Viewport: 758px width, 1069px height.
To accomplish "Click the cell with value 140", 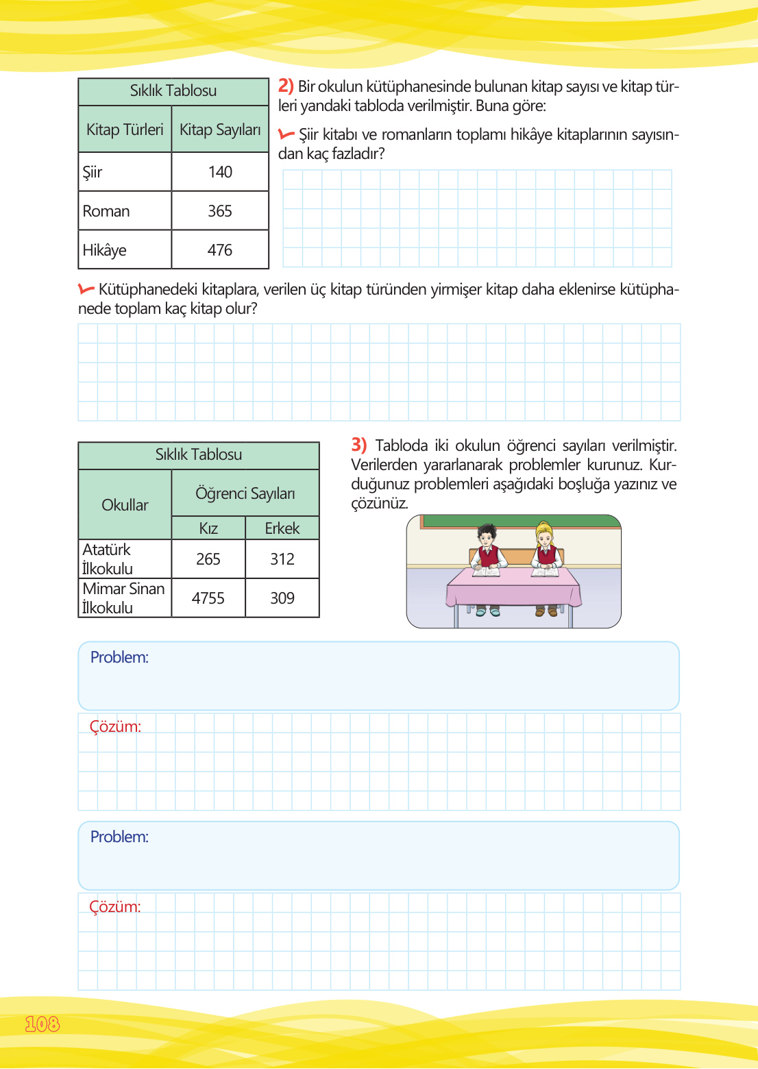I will [220, 172].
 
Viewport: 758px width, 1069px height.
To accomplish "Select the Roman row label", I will [106, 211].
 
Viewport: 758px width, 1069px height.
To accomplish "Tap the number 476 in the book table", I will [220, 250].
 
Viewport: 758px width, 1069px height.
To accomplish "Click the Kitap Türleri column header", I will [125, 130].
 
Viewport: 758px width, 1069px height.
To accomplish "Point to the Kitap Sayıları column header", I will [220, 130].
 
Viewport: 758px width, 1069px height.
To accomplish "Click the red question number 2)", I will [286, 86].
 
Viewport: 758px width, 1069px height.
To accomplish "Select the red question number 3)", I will [359, 445].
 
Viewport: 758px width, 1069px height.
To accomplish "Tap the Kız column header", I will [208, 528].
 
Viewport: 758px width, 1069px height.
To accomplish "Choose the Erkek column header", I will [282, 528].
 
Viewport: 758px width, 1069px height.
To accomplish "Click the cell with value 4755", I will [208, 598].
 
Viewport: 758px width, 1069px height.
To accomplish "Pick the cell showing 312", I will [282, 559].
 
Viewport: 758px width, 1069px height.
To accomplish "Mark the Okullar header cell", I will [125, 505].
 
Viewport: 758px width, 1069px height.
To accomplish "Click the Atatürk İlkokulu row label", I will [108, 559].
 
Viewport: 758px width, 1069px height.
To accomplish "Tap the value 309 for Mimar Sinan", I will [282, 598].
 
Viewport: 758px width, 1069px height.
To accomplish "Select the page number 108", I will [42, 1024].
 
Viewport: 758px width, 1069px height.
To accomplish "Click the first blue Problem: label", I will [119, 657].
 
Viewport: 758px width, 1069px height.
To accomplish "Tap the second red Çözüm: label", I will [115, 907].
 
